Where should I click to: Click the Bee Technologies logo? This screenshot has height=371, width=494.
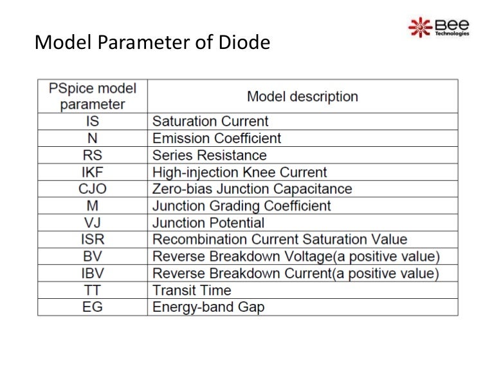click(x=439, y=26)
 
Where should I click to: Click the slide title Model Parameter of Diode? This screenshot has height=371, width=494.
click(x=152, y=43)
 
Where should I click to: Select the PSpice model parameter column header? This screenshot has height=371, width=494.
click(x=93, y=96)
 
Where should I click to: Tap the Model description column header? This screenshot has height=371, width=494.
click(x=302, y=97)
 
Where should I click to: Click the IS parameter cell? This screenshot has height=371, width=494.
click(x=93, y=121)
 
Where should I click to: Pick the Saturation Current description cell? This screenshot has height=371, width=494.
click(x=210, y=121)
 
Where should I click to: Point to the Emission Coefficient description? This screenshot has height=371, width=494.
click(x=217, y=138)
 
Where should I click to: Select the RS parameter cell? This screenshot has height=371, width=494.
click(x=93, y=155)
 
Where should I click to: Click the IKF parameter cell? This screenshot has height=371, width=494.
click(x=93, y=172)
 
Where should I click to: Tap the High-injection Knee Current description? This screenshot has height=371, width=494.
click(x=239, y=172)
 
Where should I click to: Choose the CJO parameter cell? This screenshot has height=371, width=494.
click(x=93, y=189)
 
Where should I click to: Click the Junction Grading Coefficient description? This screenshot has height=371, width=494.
click(x=241, y=206)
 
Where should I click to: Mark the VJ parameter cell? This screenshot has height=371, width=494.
click(x=93, y=223)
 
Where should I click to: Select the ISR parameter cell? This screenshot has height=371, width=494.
click(x=93, y=240)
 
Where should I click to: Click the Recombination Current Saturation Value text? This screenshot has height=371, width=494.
click(x=280, y=240)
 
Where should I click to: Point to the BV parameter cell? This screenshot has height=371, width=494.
click(x=93, y=256)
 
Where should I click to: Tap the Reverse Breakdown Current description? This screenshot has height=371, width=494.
click(x=295, y=274)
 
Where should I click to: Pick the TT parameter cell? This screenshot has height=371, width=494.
click(x=93, y=290)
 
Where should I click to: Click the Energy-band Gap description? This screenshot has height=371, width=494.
click(x=208, y=307)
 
